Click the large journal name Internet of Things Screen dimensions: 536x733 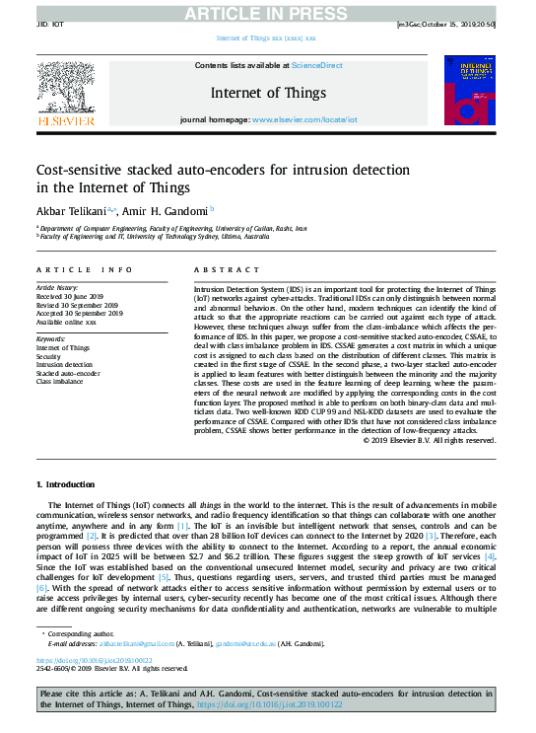(x=268, y=93)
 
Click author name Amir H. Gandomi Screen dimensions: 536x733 (x=165, y=210)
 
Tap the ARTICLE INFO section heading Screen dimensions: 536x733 (x=85, y=269)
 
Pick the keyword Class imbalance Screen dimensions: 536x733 (x=61, y=381)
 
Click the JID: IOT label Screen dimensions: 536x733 (x=51, y=23)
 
